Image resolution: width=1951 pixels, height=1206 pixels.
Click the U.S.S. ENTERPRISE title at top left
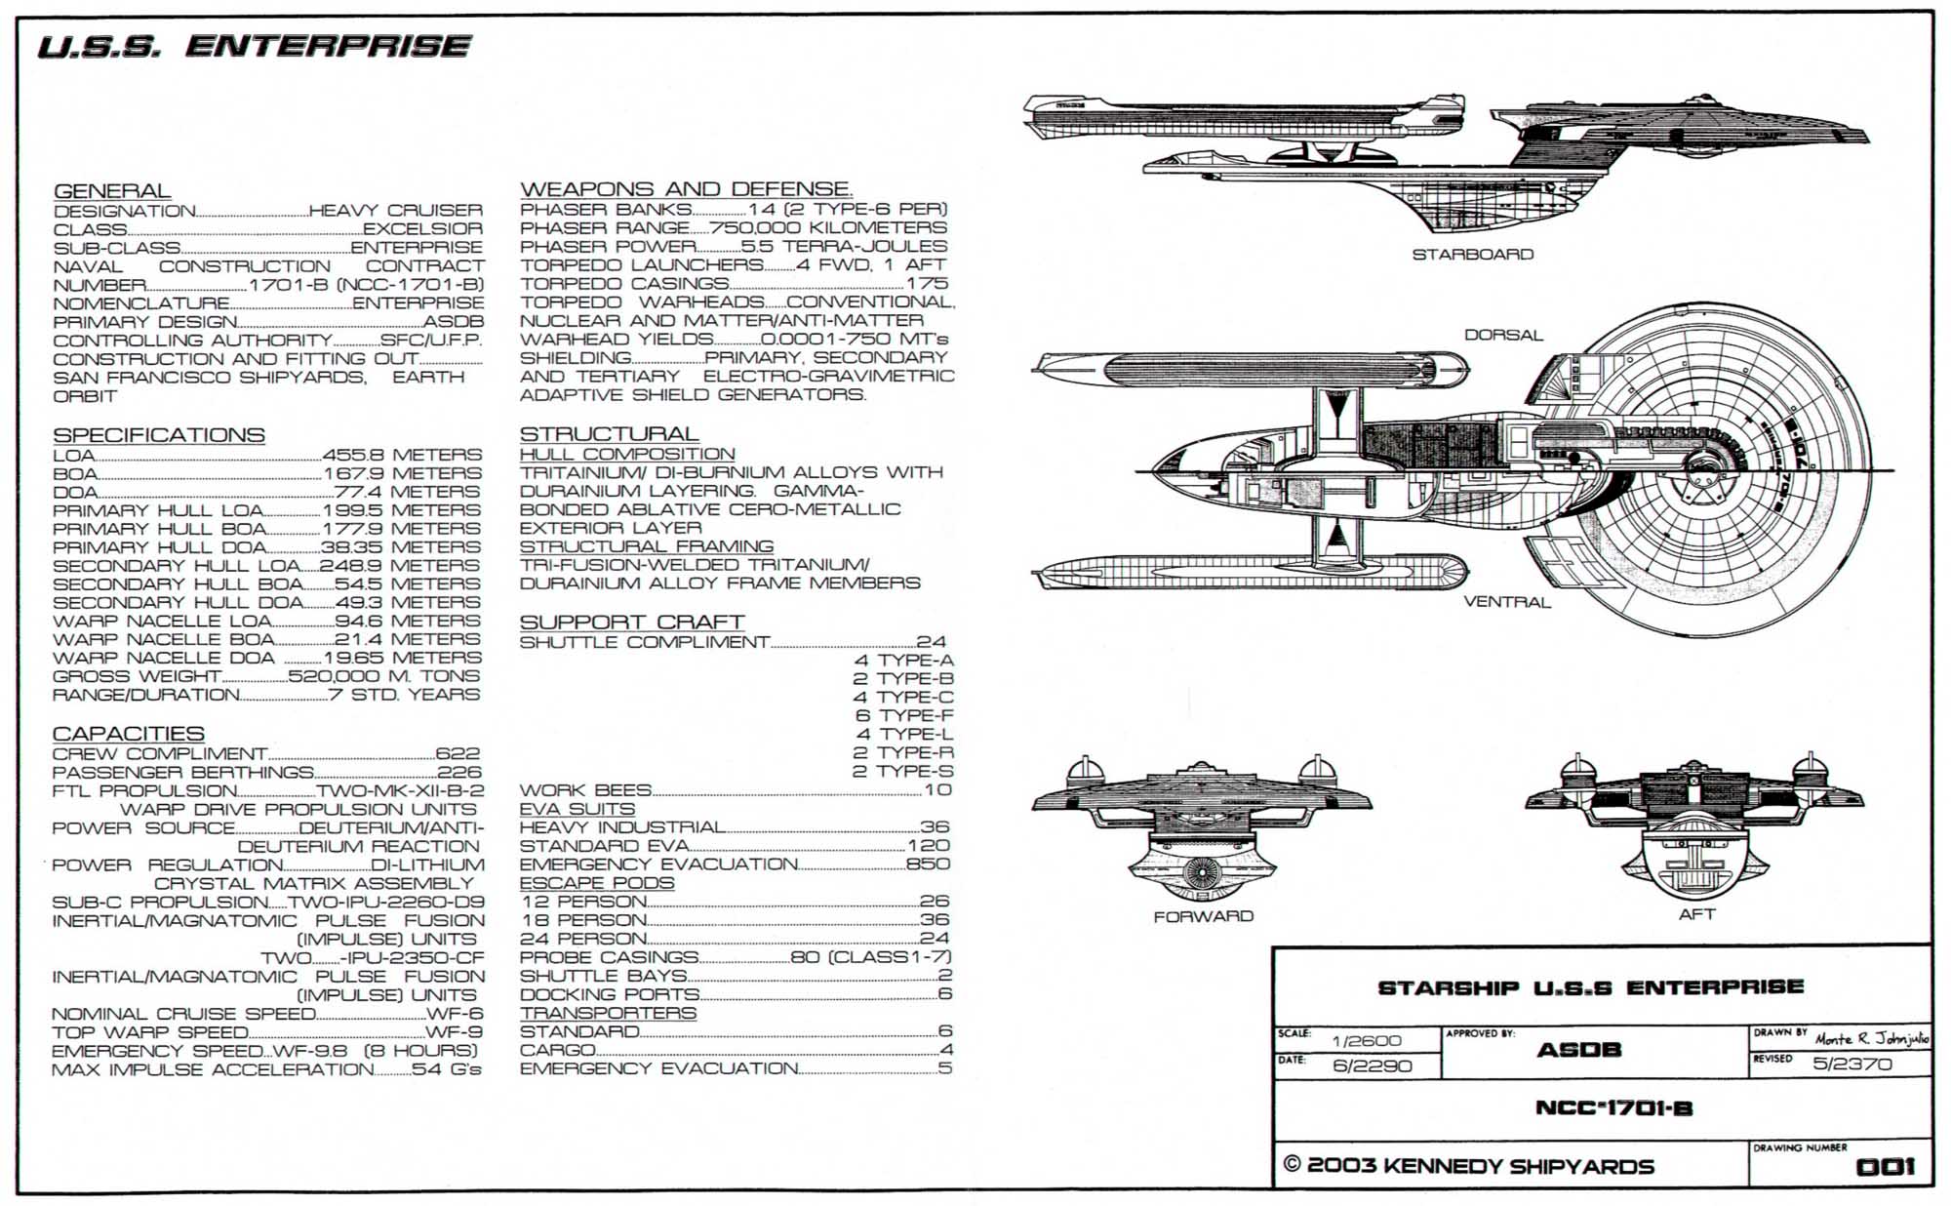254,46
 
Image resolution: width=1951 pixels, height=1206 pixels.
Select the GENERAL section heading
112,191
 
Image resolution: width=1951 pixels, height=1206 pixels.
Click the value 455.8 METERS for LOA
402,455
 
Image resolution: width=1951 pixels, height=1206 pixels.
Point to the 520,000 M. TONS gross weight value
384,676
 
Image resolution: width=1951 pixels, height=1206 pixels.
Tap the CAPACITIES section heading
128,734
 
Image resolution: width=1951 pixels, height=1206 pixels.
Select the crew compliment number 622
458,754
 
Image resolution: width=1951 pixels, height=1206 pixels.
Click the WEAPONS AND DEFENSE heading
686,189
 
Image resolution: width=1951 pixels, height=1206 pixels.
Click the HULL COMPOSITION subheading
627,455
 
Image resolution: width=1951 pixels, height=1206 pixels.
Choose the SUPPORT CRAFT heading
632,623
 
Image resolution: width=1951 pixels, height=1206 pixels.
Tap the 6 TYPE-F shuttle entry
904,715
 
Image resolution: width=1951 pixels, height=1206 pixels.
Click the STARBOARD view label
1473,255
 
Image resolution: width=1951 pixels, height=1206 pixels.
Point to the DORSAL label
1503,335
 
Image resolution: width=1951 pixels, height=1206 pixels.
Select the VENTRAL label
1507,602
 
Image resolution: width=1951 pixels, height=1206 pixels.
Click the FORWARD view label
1203,916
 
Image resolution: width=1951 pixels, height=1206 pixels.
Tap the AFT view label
1696,914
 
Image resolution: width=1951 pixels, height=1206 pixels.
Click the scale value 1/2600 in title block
1367,1041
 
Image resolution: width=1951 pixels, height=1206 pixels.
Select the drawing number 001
1886,1167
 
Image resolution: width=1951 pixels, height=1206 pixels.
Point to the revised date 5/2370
1852,1064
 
